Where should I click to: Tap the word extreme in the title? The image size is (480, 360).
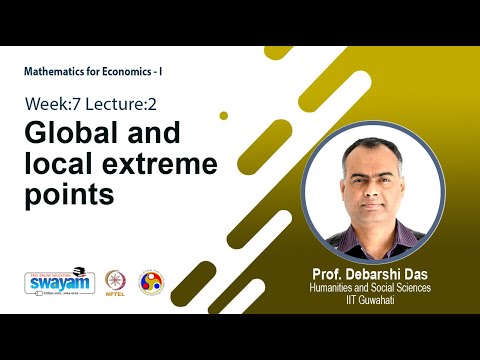tap(216, 163)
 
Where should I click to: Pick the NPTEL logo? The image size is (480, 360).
tap(116, 283)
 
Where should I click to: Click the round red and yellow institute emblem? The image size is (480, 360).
tap(150, 282)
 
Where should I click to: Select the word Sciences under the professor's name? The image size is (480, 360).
tap(411, 288)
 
